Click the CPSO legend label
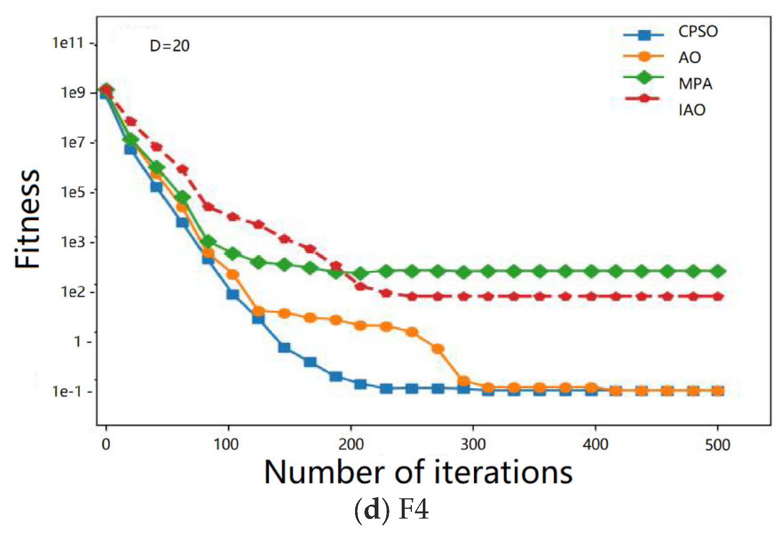[x=698, y=32]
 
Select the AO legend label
[x=689, y=58]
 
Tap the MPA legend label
[x=695, y=84]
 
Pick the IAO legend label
[x=691, y=110]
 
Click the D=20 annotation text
[x=170, y=46]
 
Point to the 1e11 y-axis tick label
[x=68, y=43]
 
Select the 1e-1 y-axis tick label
[x=67, y=391]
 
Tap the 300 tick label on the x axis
[x=473, y=445]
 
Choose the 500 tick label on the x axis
[x=717, y=445]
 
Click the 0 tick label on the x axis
[x=106, y=445]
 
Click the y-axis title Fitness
[x=27, y=219]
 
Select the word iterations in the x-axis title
[x=503, y=472]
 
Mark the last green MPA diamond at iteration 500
[x=718, y=271]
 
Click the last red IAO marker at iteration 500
[x=718, y=296]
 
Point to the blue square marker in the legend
[x=644, y=35]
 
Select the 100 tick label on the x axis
[x=226, y=445]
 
